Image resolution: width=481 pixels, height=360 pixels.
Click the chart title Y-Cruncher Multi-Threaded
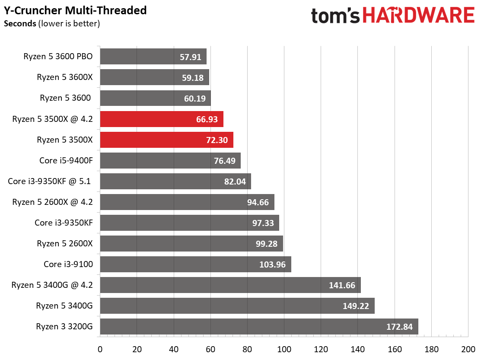coord(75,10)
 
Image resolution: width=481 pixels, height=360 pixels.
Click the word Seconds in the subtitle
coord(20,23)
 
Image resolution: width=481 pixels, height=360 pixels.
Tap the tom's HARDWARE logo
coord(392,16)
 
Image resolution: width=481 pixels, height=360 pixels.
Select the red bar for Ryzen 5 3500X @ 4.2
coord(161,119)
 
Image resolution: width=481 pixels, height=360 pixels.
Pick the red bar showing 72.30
coord(166,140)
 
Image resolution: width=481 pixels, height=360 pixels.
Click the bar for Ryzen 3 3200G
coord(259,326)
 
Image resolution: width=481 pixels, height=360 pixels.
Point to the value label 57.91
coord(191,57)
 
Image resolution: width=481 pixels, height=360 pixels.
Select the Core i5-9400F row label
coord(66,161)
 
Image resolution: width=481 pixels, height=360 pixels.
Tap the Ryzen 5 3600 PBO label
coord(59,57)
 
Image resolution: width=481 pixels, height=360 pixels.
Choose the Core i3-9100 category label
coord(68,264)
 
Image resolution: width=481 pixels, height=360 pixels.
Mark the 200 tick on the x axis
coord(468,349)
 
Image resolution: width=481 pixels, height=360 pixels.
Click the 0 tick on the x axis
coord(100,349)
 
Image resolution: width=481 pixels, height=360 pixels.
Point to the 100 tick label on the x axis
coord(284,349)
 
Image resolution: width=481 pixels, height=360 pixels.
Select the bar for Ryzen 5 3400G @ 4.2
coord(230,285)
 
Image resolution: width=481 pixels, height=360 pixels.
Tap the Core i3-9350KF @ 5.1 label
coord(49,181)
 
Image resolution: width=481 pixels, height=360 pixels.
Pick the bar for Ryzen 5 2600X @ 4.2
coord(187,202)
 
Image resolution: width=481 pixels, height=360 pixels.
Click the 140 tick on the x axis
coord(358,349)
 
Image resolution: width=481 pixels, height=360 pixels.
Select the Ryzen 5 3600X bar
coord(154,77)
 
